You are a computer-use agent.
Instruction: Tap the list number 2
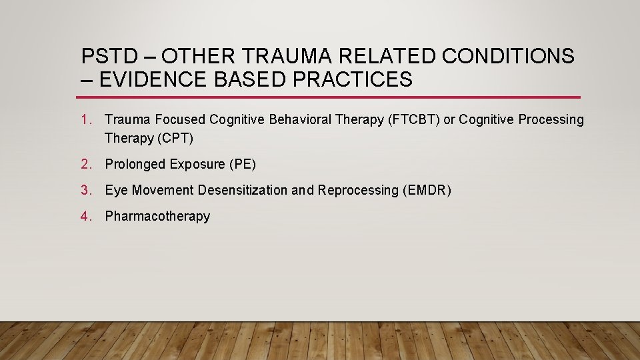tap(85, 164)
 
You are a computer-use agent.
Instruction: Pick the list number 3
tap(85, 190)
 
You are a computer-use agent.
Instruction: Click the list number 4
tap(85, 216)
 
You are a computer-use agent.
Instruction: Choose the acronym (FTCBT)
tap(414, 120)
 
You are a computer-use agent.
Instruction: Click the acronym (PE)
tap(243, 164)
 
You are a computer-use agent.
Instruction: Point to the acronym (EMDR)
tap(427, 190)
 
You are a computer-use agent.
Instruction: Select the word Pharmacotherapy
tap(157, 216)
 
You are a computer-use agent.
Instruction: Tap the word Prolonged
tap(135, 164)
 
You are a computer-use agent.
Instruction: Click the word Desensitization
tap(243, 190)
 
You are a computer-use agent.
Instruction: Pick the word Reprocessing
tap(358, 190)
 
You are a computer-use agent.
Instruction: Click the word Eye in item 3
tap(116, 190)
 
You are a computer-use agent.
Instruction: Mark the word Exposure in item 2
tap(197, 164)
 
